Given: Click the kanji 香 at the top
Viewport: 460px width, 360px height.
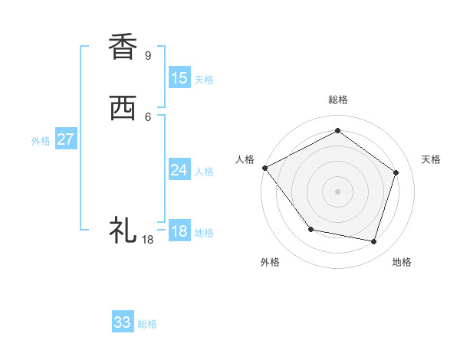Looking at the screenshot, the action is point(123,47).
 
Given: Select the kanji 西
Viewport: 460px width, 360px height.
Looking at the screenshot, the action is point(123,110).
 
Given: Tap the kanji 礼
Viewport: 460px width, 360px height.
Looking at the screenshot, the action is point(123,229).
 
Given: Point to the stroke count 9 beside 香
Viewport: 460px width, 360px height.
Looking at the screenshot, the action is point(147,56).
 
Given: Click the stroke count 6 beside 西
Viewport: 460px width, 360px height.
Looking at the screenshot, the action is point(147,116).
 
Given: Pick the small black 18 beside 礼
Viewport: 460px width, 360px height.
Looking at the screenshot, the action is point(148,240).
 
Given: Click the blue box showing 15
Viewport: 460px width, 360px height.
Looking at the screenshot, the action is point(179,78).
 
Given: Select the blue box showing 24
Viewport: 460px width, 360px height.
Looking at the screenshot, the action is point(179,170).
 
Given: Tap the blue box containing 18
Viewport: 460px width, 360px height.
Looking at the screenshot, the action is point(179,231).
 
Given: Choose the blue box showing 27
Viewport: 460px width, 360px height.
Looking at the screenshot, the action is point(66,139).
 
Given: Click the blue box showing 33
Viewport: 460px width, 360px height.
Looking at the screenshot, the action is point(123,322).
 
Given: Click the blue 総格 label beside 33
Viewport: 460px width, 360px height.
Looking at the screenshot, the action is point(147,324).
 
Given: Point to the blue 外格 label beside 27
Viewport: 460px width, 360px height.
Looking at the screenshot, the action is point(41,141).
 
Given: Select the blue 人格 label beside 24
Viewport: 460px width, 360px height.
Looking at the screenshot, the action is point(204,172).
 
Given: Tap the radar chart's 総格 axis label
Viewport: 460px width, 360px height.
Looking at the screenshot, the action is point(337,100).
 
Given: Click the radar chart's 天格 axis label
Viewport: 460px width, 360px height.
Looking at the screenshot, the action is point(432,159).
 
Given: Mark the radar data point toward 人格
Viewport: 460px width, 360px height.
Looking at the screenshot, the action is point(264,168).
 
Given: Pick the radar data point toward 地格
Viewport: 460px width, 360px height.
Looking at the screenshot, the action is point(374,241).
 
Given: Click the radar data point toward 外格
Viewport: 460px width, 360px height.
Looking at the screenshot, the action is point(310,229).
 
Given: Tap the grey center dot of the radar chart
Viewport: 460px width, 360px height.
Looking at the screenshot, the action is point(337,191).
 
